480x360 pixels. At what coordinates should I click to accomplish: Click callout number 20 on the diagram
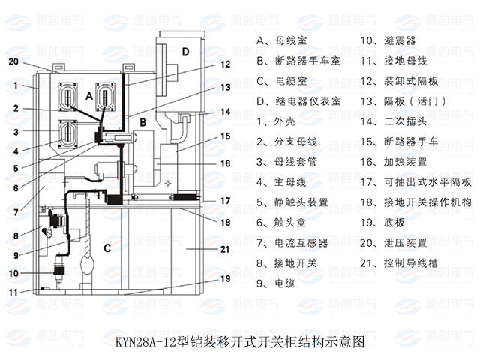point(13,62)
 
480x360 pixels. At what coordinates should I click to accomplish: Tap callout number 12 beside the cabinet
point(226,64)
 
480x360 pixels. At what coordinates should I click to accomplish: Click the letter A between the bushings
point(89,96)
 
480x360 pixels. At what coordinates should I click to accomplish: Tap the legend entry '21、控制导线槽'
point(397,263)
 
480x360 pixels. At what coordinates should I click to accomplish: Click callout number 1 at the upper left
point(13,85)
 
